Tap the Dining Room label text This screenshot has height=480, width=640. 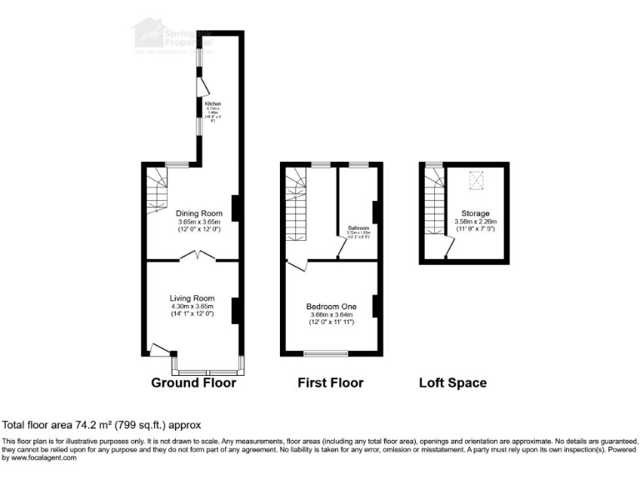click(x=198, y=213)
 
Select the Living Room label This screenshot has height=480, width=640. click(x=192, y=298)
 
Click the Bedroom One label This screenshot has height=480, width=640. click(x=332, y=307)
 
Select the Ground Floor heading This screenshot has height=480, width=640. click(x=193, y=383)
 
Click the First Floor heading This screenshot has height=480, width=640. click(x=331, y=383)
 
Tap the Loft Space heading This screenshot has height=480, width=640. click(x=452, y=383)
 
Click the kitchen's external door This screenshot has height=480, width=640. click(x=202, y=88)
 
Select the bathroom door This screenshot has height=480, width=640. click(x=342, y=248)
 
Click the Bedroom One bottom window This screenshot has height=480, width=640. click(x=326, y=353)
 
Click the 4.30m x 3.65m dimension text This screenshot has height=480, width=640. click(x=192, y=307)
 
